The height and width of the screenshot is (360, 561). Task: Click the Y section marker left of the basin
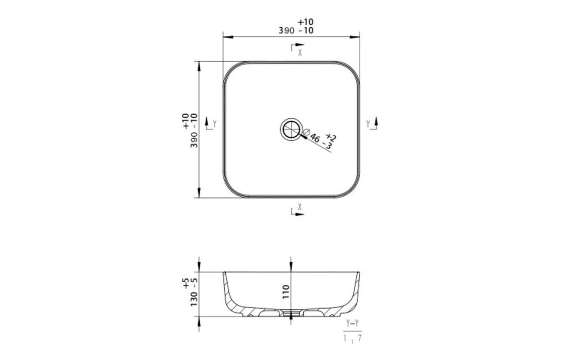[211, 124]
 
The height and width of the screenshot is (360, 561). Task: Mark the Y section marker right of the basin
[372, 123]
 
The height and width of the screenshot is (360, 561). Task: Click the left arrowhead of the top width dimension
[226, 37]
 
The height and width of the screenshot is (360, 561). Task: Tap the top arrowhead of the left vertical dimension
[198, 64]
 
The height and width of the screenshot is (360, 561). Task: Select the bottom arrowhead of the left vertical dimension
[198, 194]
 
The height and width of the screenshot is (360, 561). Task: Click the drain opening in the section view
[291, 313]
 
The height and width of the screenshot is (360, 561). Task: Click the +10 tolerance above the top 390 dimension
[305, 22]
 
